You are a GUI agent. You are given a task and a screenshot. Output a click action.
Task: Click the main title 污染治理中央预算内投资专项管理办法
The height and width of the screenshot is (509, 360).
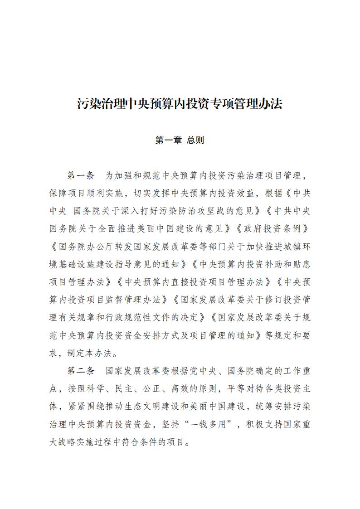pyautogui.click(x=180, y=104)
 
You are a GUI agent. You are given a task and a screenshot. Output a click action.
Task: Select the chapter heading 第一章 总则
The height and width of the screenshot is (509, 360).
pyautogui.click(x=180, y=141)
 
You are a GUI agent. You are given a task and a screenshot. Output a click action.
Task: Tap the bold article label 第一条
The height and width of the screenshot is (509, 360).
pyautogui.click(x=81, y=175)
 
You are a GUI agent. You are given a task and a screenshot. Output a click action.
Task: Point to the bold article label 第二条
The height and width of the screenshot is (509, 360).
pyautogui.click(x=81, y=371)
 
